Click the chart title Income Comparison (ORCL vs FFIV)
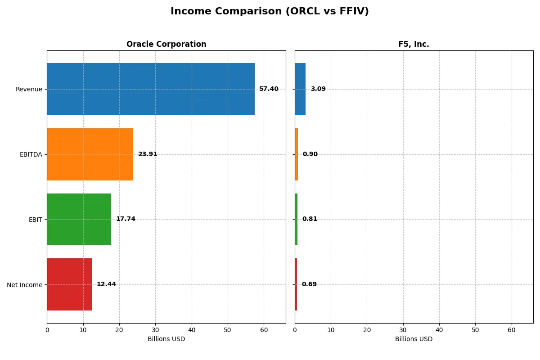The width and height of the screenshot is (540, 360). [x=270, y=12]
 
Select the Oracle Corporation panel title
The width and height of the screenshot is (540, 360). [x=166, y=45]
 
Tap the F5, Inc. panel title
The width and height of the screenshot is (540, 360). [x=414, y=45]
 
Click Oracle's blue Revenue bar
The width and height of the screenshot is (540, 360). [x=151, y=89]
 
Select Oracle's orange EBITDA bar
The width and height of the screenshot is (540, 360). [x=90, y=154]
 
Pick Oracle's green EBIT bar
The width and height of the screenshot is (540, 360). [x=79, y=219]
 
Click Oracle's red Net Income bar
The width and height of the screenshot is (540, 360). [x=69, y=284]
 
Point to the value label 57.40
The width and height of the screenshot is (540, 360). [x=269, y=89]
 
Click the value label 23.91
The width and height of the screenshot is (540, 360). [x=148, y=154]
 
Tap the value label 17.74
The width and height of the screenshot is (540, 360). [x=126, y=219]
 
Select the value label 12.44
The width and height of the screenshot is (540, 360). [x=106, y=284]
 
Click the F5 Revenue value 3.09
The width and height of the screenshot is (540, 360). [x=318, y=89]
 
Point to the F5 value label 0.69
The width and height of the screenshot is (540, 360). [x=309, y=284]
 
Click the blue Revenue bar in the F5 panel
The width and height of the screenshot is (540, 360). [x=300, y=89]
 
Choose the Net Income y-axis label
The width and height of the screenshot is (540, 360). [x=25, y=285]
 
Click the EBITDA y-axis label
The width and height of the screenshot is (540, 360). [x=31, y=154]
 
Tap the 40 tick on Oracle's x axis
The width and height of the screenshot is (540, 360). [x=192, y=330]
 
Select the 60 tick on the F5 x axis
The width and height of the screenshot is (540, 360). [x=512, y=330]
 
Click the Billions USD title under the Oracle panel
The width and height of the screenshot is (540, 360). [x=166, y=339]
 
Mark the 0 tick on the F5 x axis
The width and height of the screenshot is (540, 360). [x=295, y=330]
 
